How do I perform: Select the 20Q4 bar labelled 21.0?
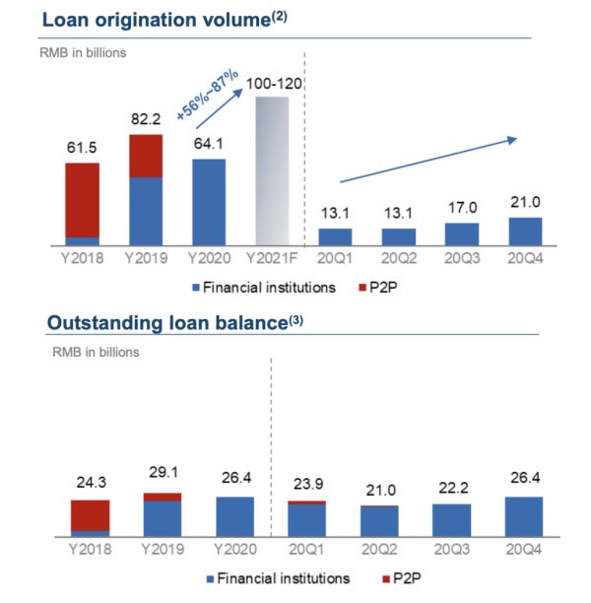click(523, 231)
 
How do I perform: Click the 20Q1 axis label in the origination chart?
click(335, 258)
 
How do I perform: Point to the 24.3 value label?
click(89, 485)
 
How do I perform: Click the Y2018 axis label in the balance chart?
click(89, 548)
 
